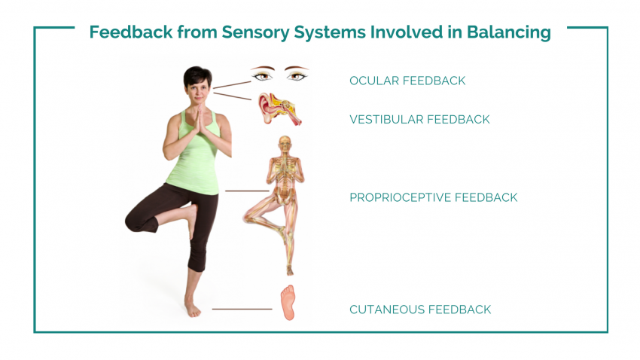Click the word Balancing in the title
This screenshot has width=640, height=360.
click(509, 32)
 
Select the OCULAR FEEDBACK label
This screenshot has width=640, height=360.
click(407, 81)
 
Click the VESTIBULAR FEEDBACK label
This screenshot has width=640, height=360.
click(419, 119)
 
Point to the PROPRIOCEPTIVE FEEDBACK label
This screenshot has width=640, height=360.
click(434, 197)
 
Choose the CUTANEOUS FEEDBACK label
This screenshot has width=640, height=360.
click(420, 310)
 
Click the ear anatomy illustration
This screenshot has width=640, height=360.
click(279, 108)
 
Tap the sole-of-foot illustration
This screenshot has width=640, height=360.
click(288, 303)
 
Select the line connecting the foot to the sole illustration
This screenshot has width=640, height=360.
click(242, 309)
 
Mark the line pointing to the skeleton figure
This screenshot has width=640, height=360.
click(247, 191)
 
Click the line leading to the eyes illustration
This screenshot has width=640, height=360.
click(232, 84)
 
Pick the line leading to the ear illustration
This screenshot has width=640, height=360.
click(232, 96)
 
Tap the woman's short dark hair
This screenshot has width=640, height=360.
click(197, 76)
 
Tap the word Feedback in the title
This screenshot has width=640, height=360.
click(130, 32)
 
